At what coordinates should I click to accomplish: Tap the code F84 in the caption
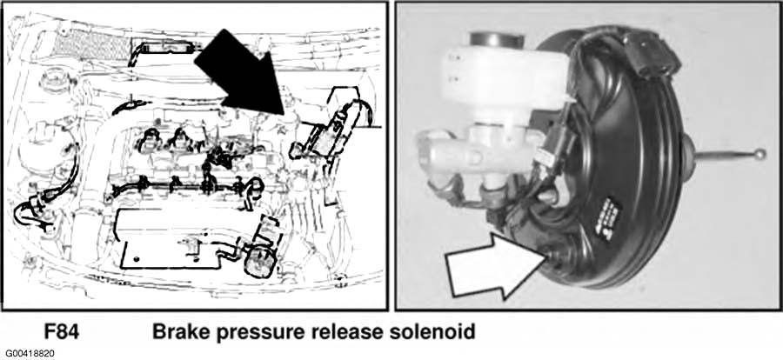(62, 332)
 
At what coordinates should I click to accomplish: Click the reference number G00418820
(28, 354)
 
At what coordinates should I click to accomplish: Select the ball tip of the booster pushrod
(760, 154)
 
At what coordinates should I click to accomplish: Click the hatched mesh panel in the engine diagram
(90, 44)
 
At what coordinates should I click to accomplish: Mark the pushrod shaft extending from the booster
(723, 156)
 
